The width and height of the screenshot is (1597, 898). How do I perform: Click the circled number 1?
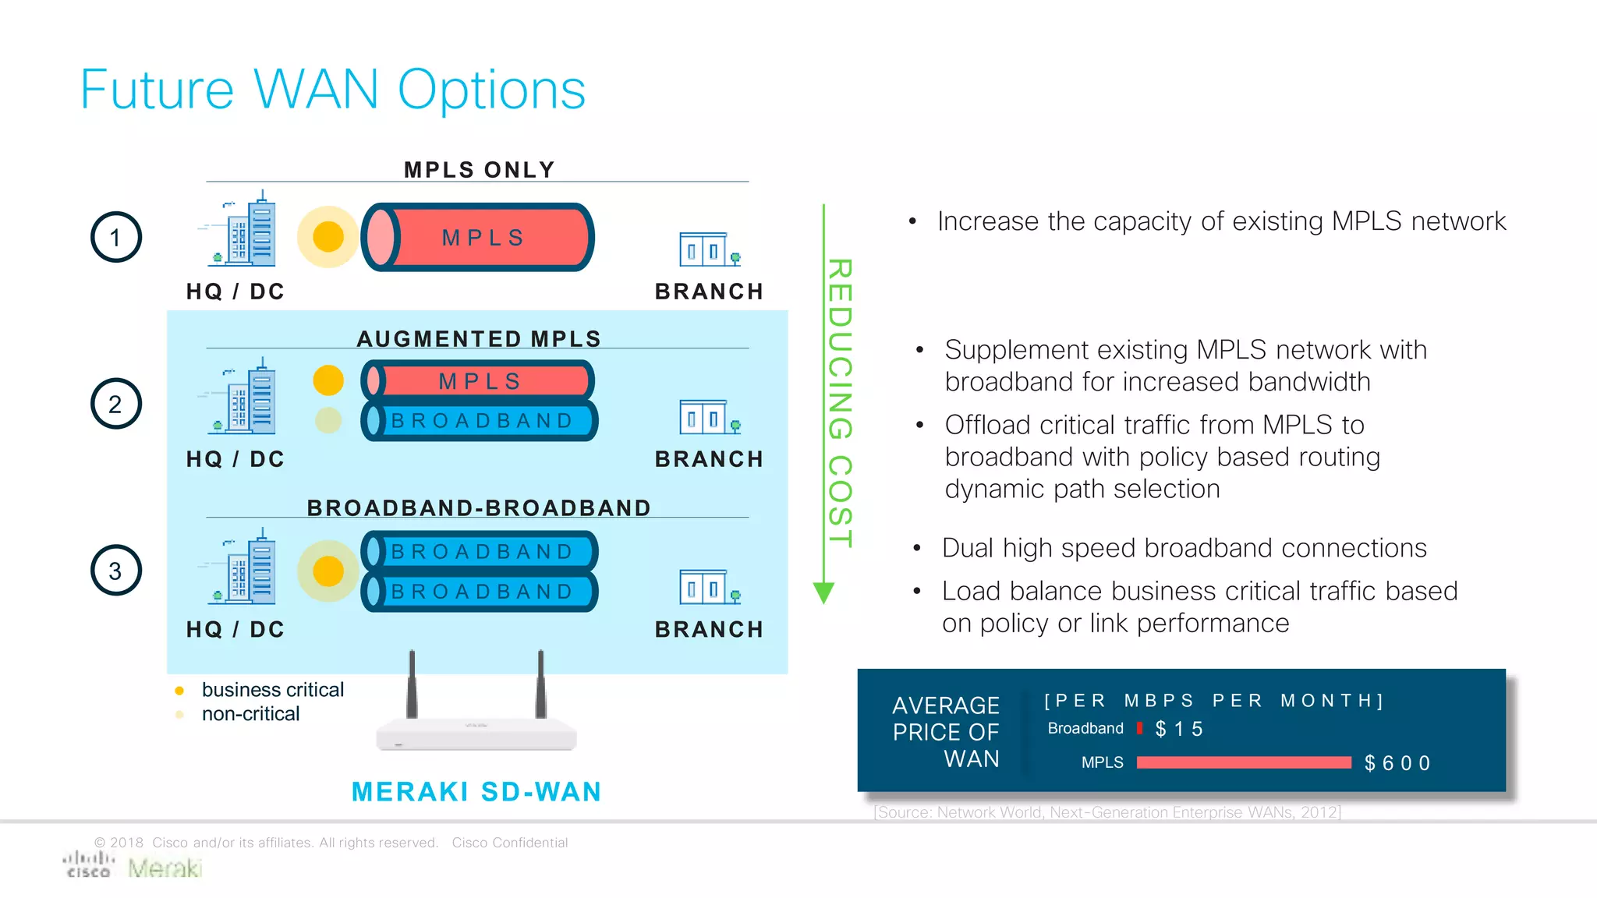116,237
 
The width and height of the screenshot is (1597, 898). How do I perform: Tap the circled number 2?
116,404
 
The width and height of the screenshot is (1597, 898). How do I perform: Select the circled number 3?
116,571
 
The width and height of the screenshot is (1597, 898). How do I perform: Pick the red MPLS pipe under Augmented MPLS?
479,381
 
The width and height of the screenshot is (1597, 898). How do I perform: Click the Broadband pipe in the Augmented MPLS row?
479,421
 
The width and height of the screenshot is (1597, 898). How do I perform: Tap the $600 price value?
1397,763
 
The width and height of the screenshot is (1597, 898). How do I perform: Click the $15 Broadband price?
1179,729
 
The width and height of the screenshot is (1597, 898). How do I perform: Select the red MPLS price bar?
1243,762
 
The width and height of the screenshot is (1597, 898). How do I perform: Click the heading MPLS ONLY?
479,170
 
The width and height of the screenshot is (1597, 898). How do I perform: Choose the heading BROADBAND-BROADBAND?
479,508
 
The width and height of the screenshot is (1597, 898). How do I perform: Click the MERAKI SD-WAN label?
476,792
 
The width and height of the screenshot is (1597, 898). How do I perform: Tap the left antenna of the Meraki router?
412,684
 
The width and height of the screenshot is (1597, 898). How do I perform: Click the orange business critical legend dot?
179,691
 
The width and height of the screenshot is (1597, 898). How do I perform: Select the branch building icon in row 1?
708,249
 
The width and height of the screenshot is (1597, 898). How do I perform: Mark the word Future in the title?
157,90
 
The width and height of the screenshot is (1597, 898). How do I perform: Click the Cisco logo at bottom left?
88,865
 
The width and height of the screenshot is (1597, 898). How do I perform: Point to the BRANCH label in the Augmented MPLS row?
709,459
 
